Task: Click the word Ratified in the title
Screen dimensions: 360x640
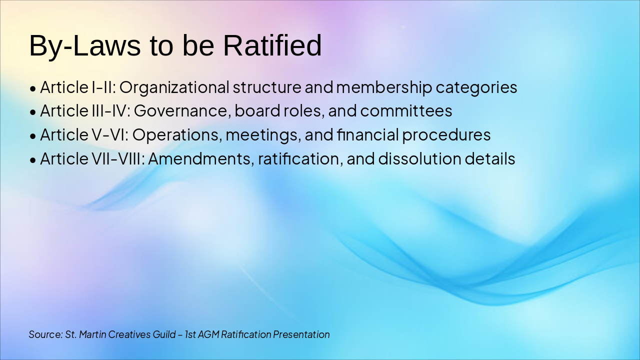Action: click(x=272, y=45)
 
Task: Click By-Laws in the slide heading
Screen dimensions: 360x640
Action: click(x=84, y=45)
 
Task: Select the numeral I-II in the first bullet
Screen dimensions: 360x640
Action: click(x=103, y=87)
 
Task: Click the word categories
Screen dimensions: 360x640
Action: click(x=476, y=87)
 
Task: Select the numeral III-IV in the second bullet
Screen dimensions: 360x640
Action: click(x=110, y=111)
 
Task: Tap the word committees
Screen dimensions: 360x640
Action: click(x=406, y=111)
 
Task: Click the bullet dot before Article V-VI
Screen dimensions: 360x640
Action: click(x=33, y=136)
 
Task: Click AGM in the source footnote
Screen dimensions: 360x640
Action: click(x=208, y=334)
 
